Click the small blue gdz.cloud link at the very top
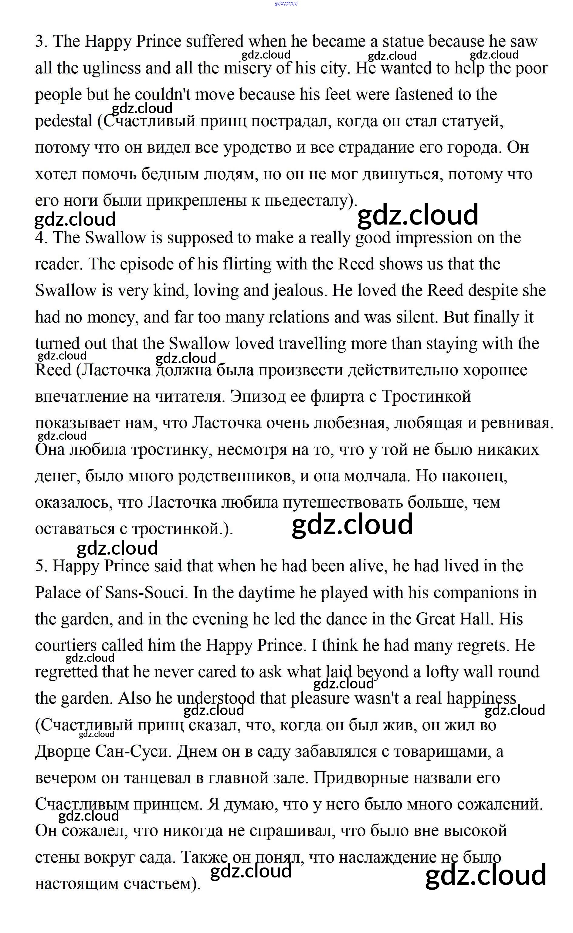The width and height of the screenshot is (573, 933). [286, 3]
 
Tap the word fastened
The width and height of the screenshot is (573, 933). [424, 95]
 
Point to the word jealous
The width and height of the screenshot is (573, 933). [299, 291]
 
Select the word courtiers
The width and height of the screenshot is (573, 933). [66, 645]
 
